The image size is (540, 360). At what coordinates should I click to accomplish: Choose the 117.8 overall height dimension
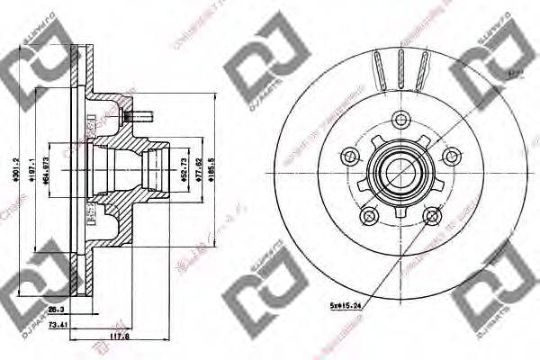[118, 339]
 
